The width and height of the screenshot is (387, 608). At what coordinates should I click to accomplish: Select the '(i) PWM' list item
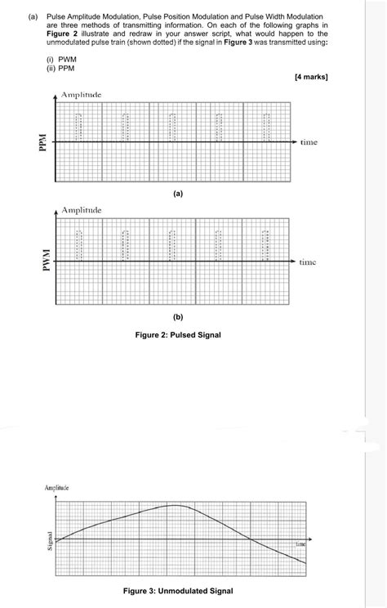pos(61,60)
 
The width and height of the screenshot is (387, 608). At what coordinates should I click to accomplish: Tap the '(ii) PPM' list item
pos(61,69)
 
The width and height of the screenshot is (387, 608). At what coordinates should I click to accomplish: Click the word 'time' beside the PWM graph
pos(309,262)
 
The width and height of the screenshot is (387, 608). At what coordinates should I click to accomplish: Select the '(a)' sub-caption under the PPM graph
pos(178,194)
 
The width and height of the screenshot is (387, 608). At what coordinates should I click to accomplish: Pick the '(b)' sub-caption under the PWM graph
pos(178,315)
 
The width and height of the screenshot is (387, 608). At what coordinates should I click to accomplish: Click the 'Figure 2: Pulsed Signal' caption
pos(178,335)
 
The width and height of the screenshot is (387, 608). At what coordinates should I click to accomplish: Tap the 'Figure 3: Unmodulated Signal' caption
pos(178,591)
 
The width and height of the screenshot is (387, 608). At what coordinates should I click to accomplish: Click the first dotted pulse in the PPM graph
pos(79,127)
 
